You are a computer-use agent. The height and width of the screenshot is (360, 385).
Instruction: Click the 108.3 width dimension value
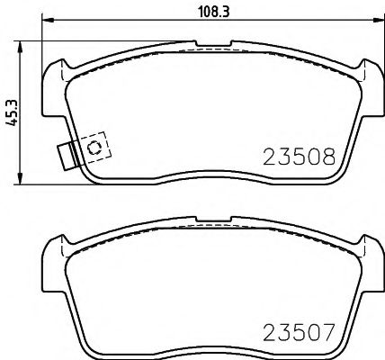[x=209, y=13]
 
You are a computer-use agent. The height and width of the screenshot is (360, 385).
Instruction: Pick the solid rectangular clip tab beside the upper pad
[x=65, y=155]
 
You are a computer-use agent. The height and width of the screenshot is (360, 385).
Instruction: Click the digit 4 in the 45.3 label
[x=12, y=123]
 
